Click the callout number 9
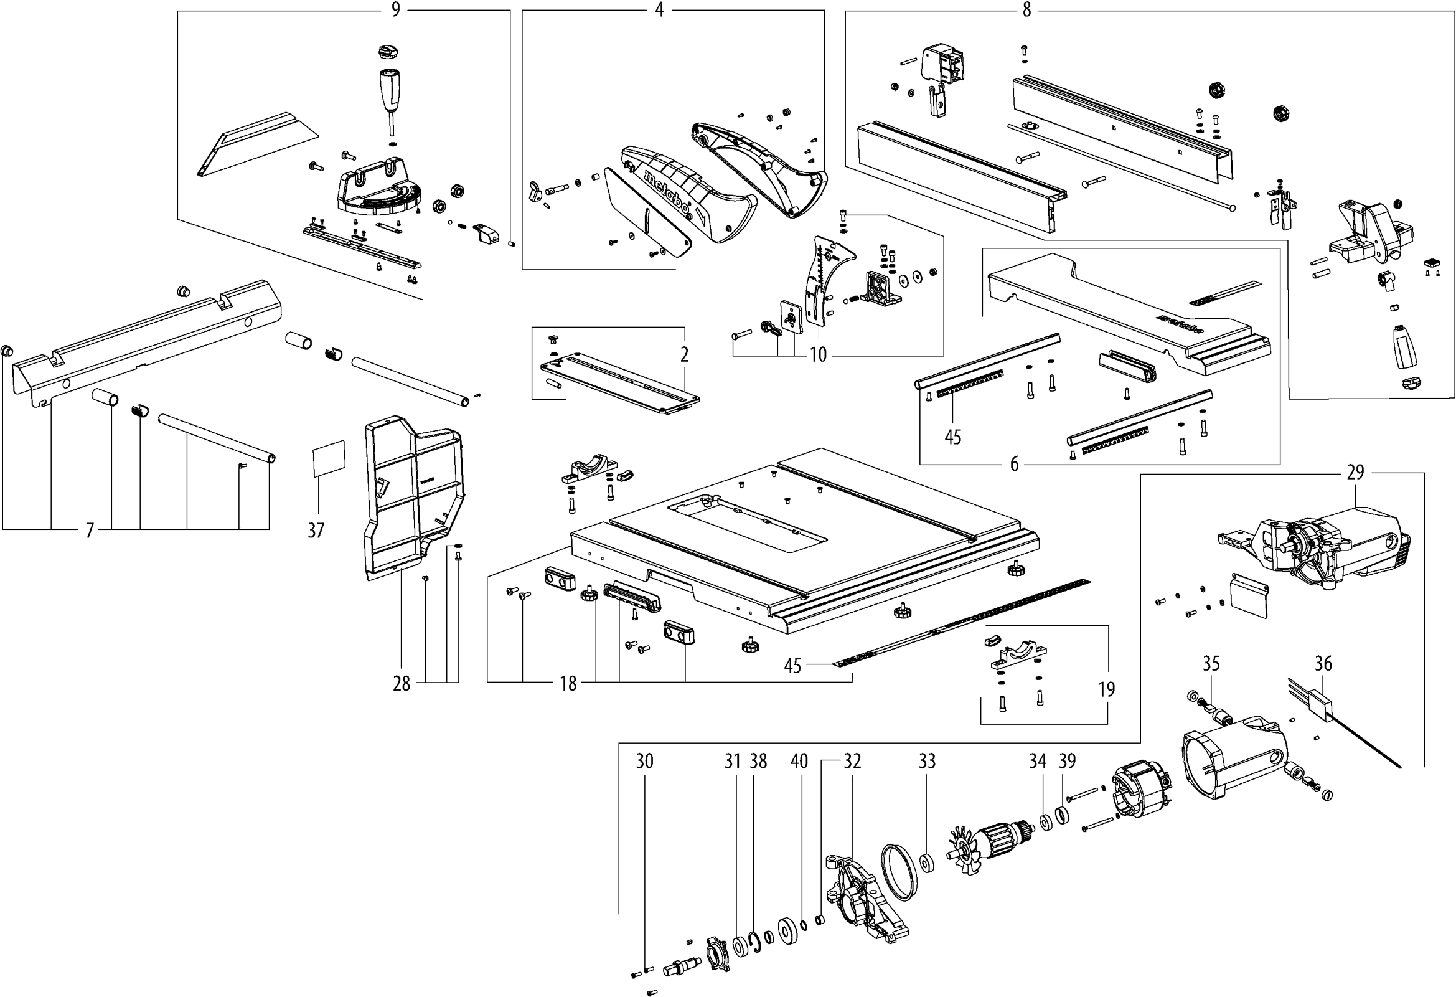pyautogui.click(x=395, y=10)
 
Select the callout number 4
pyautogui.click(x=659, y=10)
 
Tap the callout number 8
pyautogui.click(x=1026, y=10)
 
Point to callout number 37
pyautogui.click(x=316, y=531)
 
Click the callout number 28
pyautogui.click(x=402, y=684)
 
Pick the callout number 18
pyautogui.click(x=568, y=684)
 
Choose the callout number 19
pyautogui.click(x=1107, y=689)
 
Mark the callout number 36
pyautogui.click(x=1323, y=664)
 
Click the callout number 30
pyautogui.click(x=645, y=762)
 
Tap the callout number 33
pyautogui.click(x=928, y=762)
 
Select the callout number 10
pyautogui.click(x=818, y=356)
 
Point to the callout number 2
pyautogui.click(x=685, y=355)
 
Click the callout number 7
pyautogui.click(x=90, y=531)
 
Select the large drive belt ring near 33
pyautogui.click(x=899, y=872)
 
